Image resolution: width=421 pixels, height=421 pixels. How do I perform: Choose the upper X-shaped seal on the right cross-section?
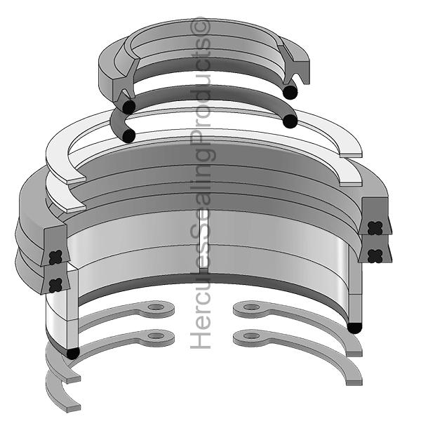pos(376,227)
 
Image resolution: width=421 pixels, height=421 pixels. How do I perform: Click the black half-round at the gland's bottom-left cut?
pos(72,353)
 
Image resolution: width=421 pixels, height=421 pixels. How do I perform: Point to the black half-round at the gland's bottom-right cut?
pos(355,327)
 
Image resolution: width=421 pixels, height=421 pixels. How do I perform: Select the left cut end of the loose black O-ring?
pos(127,135)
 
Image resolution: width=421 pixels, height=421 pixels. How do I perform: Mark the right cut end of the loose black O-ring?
pos(289,121)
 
